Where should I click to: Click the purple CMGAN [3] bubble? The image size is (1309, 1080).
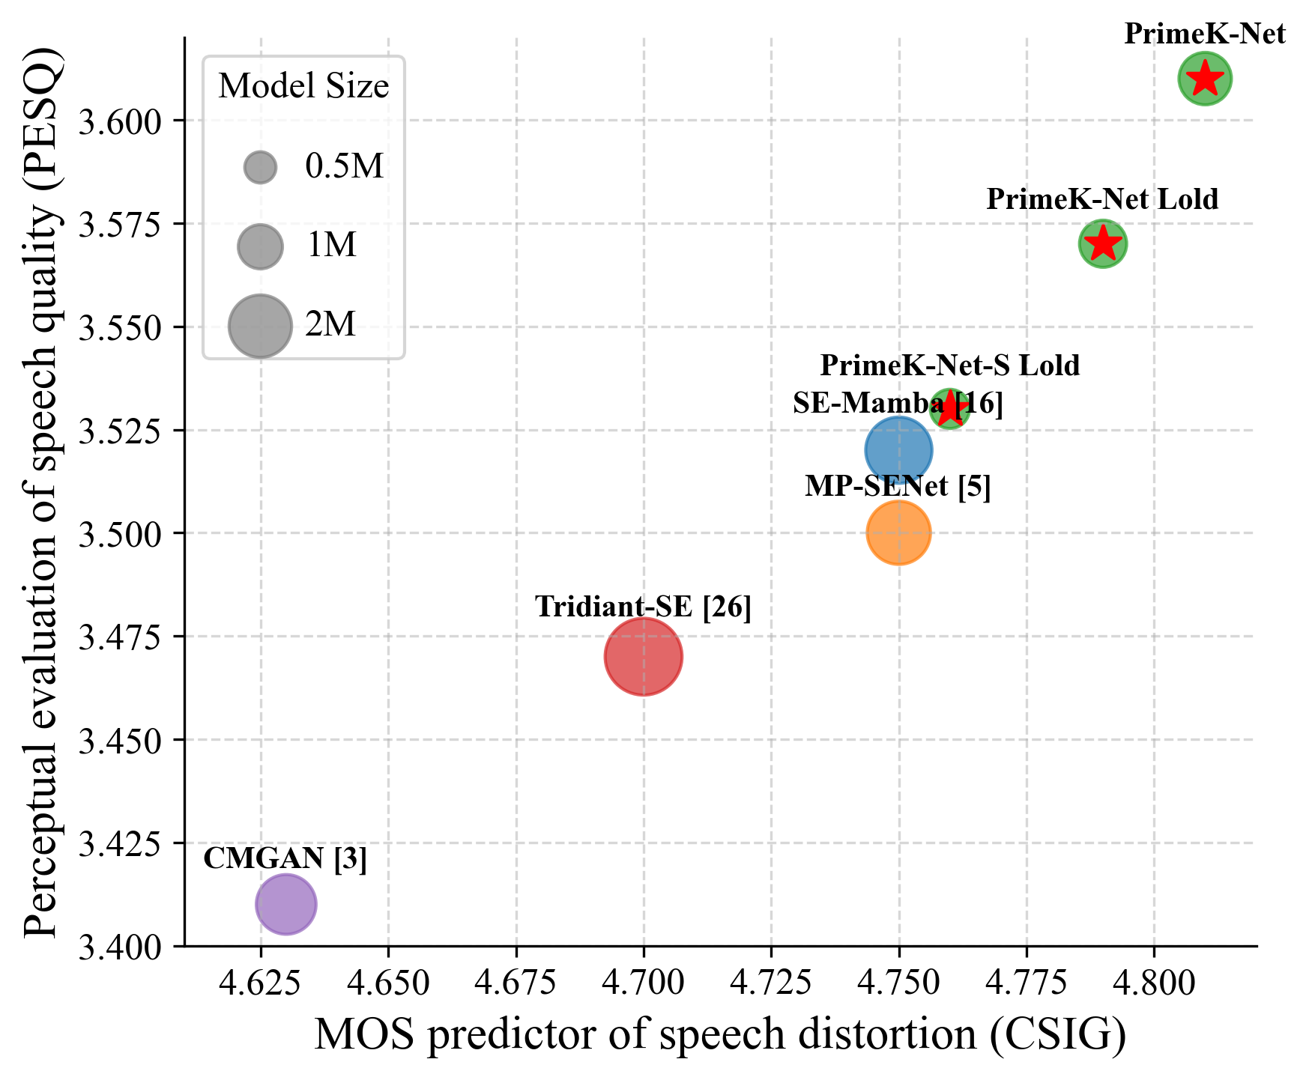tap(285, 904)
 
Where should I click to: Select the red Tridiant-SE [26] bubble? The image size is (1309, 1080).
tap(644, 657)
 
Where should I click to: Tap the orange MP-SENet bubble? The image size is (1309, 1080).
tap(898, 533)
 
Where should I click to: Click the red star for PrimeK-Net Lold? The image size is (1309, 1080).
tap(1102, 243)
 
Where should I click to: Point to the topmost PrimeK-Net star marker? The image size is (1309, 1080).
tap(1205, 78)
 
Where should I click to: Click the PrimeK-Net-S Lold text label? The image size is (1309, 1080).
tap(949, 366)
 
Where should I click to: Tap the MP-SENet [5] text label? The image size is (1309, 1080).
tap(898, 487)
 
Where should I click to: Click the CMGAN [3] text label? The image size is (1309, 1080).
tap(285, 859)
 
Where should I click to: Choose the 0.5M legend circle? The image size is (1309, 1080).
tap(260, 167)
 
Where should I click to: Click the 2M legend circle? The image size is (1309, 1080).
tap(260, 326)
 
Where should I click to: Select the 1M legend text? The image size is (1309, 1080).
tap(330, 246)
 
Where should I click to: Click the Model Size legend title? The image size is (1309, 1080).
tap(303, 87)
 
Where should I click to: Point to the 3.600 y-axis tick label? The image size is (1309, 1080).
tap(120, 121)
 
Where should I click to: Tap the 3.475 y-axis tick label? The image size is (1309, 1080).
tap(120, 638)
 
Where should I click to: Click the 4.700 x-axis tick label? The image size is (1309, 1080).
tap(644, 983)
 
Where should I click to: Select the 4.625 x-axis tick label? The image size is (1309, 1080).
tap(261, 983)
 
